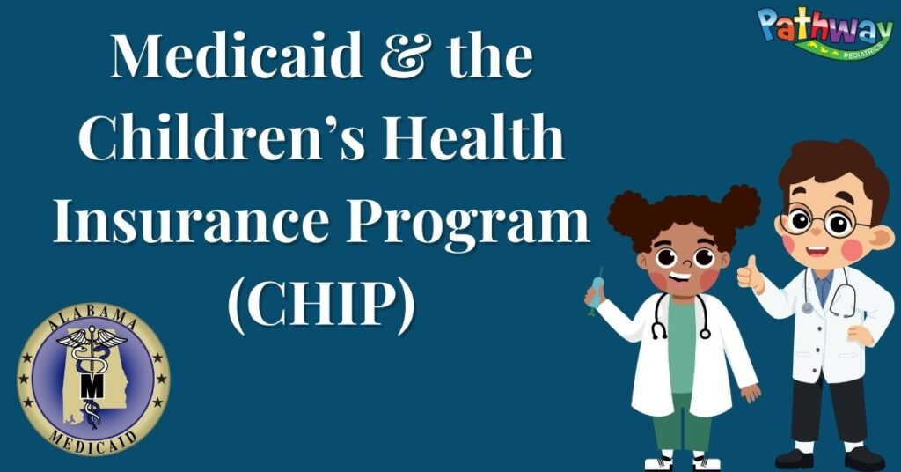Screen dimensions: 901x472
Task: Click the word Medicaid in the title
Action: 237,55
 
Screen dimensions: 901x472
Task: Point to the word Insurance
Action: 190,220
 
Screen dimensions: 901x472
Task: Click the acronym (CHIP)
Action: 321,304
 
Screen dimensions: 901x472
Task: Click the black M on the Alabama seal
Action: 92,386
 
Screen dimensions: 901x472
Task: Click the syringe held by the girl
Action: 596,291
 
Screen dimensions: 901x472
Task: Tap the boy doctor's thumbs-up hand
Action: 751,275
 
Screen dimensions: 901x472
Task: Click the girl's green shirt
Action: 683,345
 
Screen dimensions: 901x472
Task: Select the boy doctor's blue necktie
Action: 823,287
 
